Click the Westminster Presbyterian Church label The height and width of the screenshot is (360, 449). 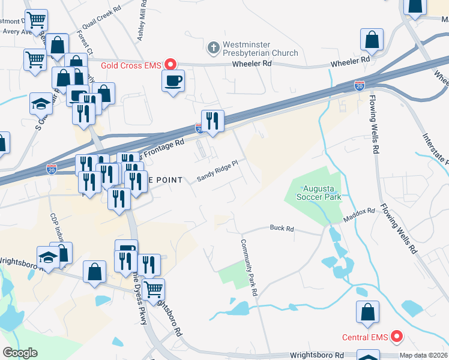(260, 49)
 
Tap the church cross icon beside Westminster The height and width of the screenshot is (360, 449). (213, 47)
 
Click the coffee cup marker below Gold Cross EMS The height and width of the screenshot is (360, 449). (173, 80)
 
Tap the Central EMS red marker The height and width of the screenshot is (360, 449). (396, 337)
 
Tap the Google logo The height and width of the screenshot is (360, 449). (20, 353)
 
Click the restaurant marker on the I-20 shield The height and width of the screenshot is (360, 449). (212, 120)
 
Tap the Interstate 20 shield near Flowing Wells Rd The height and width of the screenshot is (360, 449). (359, 86)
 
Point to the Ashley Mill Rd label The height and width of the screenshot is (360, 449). (142, 21)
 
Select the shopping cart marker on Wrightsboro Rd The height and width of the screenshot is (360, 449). (153, 290)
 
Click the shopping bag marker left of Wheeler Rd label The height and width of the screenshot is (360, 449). (372, 40)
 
